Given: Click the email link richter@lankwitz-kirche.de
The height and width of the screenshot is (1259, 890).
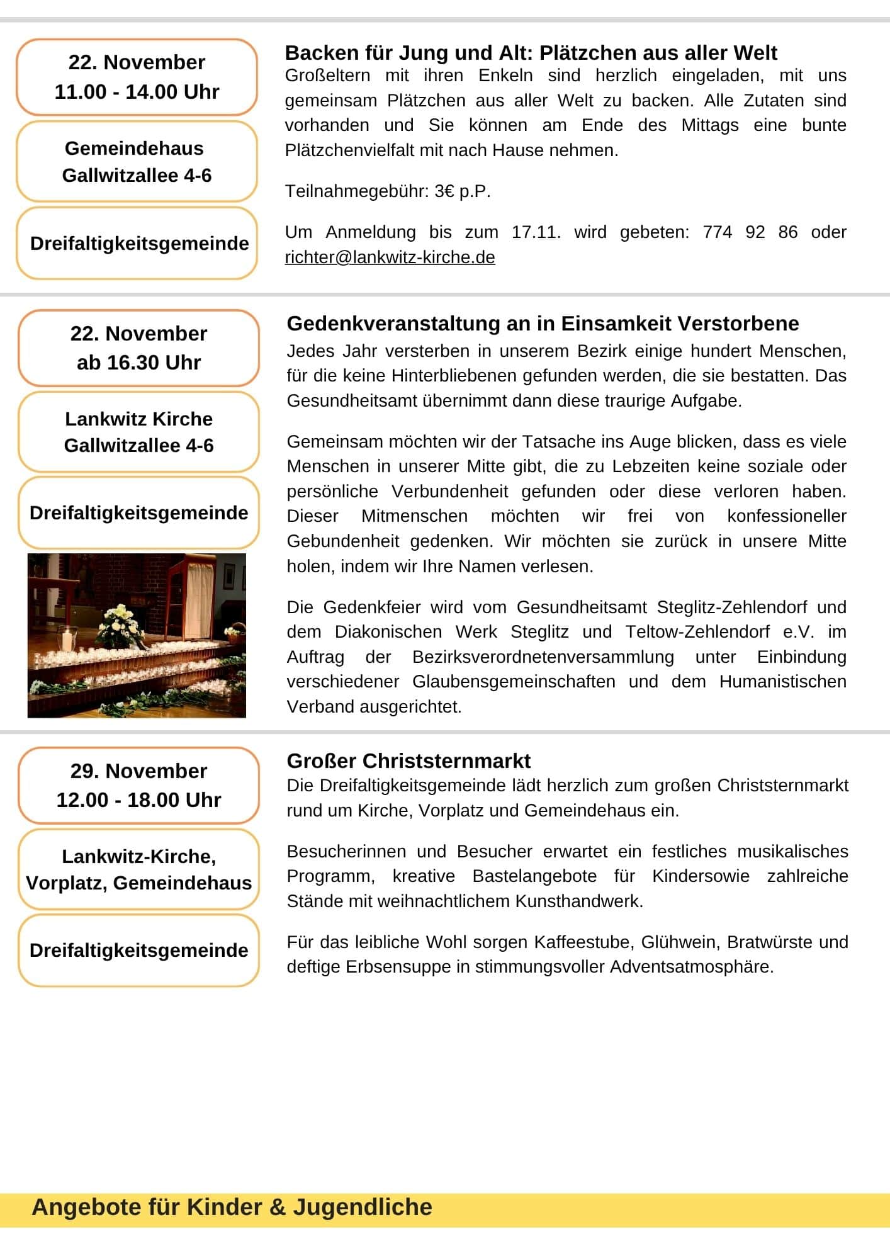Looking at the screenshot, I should pyautogui.click(x=390, y=257).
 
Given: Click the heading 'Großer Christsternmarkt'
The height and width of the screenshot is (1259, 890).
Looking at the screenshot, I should pyautogui.click(x=408, y=761).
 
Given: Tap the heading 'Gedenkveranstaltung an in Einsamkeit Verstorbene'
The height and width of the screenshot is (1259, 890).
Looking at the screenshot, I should pyautogui.click(x=543, y=324).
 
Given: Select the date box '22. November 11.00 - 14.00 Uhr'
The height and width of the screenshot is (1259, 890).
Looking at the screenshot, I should pyautogui.click(x=137, y=77).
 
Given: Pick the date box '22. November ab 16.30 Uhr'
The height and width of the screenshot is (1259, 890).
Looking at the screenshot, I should pyautogui.click(x=138, y=348).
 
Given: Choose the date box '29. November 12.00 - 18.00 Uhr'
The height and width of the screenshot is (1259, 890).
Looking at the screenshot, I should pyautogui.click(x=138, y=786).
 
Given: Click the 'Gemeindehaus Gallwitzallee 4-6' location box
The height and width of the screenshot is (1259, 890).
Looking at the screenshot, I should pyautogui.click(x=137, y=162).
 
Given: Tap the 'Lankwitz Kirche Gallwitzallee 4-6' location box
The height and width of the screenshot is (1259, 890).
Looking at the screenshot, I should pyautogui.click(x=138, y=432).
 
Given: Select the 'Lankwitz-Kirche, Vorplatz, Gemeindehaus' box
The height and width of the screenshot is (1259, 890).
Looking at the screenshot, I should pyautogui.click(x=138, y=869).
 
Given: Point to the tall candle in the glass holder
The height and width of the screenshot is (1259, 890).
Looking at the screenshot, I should pyautogui.click(x=67, y=639).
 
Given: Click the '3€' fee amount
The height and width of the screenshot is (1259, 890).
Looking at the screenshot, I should pyautogui.click(x=444, y=191).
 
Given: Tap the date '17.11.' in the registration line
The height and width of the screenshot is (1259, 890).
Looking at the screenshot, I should pyautogui.click(x=536, y=232).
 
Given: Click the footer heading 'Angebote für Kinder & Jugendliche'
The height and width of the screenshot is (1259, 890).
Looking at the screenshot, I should pyautogui.click(x=232, y=1207).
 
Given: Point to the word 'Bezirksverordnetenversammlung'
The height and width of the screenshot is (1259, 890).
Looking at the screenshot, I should pyautogui.click(x=543, y=657).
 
